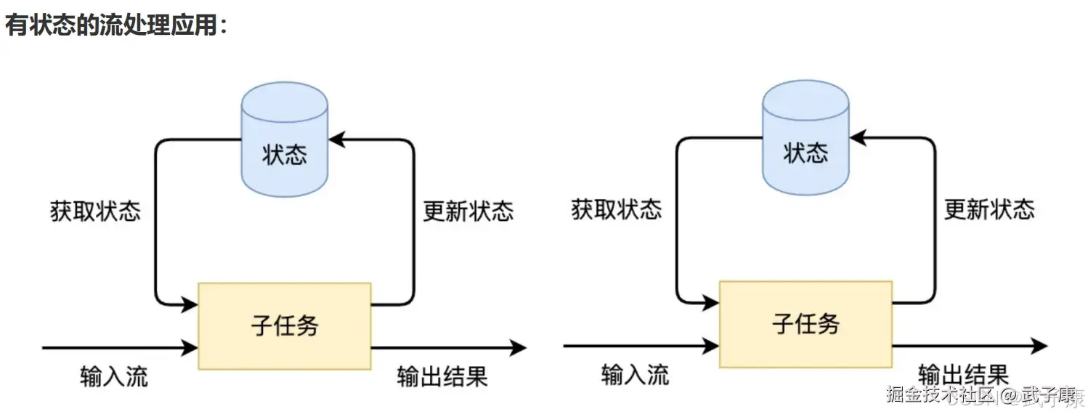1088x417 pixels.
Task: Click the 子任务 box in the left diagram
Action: (x=285, y=325)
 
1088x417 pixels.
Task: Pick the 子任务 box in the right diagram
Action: (x=805, y=323)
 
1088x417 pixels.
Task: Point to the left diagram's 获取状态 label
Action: (x=95, y=211)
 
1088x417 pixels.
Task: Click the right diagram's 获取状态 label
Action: (x=617, y=210)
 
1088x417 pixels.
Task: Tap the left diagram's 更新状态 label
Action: (x=468, y=211)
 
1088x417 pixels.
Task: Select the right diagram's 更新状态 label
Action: (x=989, y=210)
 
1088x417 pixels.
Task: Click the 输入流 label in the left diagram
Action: (x=114, y=376)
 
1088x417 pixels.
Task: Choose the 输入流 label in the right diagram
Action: (x=636, y=375)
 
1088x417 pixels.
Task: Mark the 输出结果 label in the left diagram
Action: (x=442, y=376)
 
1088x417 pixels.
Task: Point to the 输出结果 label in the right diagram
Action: (x=963, y=375)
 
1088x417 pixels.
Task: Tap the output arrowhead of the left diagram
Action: (x=519, y=348)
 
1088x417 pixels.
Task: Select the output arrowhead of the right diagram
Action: (x=1040, y=346)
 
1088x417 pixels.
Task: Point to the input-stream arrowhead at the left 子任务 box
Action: (x=191, y=348)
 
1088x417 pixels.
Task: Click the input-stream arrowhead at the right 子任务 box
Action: (x=712, y=346)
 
